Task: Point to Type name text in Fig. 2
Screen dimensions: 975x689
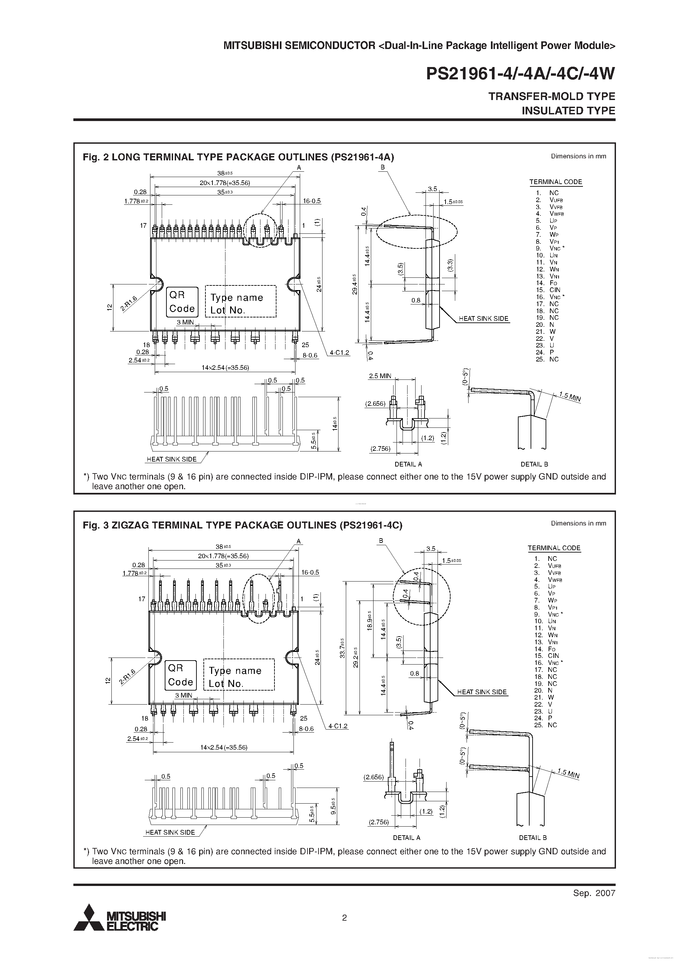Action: pyautogui.click(x=236, y=298)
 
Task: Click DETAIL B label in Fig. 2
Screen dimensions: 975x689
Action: pyautogui.click(x=534, y=464)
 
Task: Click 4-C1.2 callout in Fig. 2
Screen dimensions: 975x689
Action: pyautogui.click(x=339, y=352)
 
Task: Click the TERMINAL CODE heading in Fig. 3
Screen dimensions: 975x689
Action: pyautogui.click(x=554, y=548)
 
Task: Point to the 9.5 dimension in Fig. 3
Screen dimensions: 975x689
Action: pyautogui.click(x=333, y=805)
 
